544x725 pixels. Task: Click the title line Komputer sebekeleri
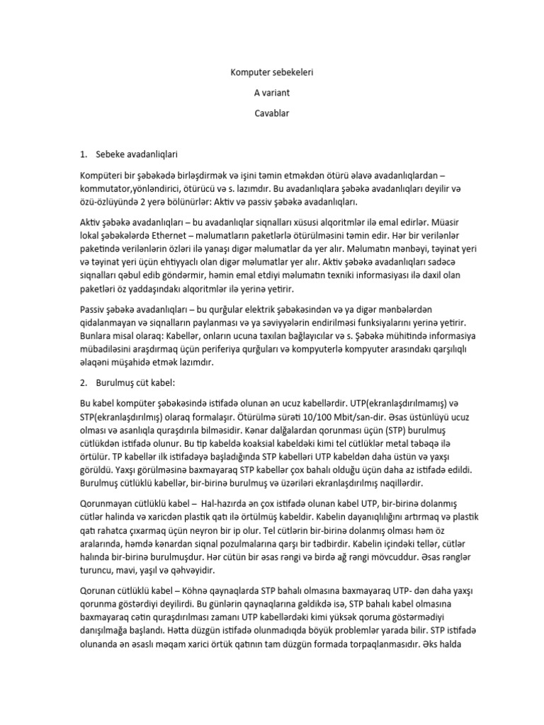click(x=272, y=72)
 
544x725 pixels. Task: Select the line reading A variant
click(x=272, y=92)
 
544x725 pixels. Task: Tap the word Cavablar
click(x=272, y=112)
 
